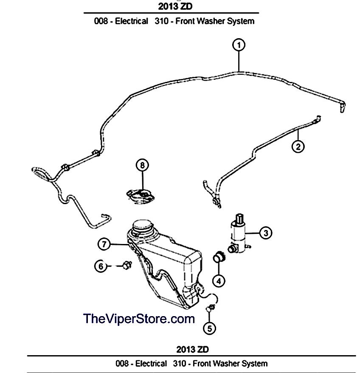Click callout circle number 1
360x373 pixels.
pos(239,45)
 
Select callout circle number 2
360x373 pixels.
pos(298,146)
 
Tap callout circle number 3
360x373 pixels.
pos(266,232)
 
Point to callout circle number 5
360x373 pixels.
pos(210,328)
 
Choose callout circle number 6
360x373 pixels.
pos(101,266)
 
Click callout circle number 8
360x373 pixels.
pos(143,164)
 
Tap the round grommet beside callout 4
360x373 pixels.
pos(219,257)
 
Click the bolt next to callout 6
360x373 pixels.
pos(126,265)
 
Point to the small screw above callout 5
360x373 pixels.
pos(209,308)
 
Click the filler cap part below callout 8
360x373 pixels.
pos(142,194)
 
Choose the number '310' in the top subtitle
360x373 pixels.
pos(160,21)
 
